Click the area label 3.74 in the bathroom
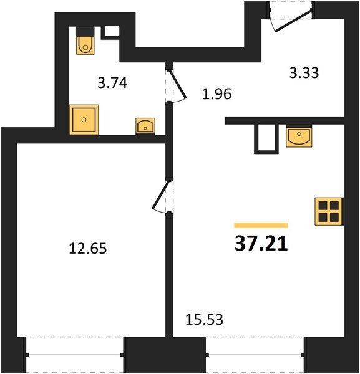click(112, 83)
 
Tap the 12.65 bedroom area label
click(87, 248)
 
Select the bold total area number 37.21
click(261, 243)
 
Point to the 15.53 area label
click(205, 319)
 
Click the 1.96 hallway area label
click(216, 93)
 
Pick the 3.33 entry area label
click(304, 73)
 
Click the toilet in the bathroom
click(85, 45)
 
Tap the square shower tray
click(84, 120)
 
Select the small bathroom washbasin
click(145, 126)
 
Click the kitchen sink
click(299, 137)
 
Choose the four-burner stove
click(329, 211)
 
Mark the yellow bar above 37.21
click(261, 225)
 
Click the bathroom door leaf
click(178, 84)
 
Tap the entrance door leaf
click(293, 21)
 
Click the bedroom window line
click(75, 355)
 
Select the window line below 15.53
click(255, 355)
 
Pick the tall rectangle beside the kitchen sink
click(266, 139)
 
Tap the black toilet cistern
click(85, 31)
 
